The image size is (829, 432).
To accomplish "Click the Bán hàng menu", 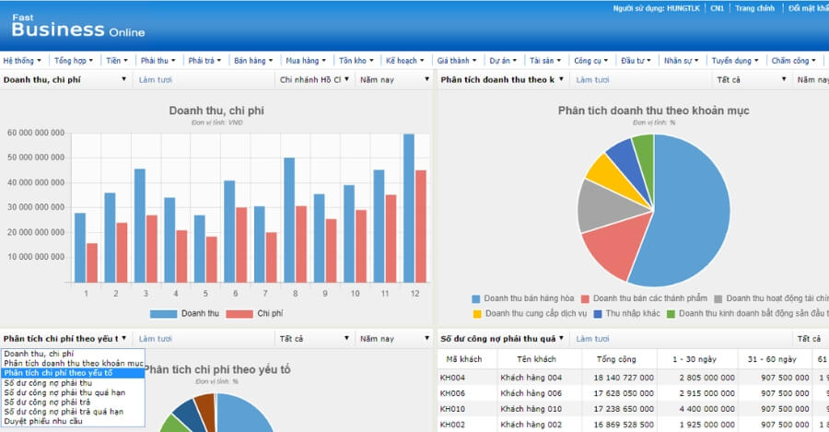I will point(252,61).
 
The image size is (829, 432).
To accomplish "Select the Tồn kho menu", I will point(357,61).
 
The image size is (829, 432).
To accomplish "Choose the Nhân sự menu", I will point(682,61).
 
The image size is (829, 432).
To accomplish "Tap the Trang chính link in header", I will point(754,8).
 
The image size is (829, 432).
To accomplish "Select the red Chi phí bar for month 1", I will point(92,263).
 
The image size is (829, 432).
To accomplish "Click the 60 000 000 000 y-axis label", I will point(36,133).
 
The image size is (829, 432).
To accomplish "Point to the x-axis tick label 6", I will point(235,294).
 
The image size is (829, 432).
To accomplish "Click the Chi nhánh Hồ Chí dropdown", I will point(314,80).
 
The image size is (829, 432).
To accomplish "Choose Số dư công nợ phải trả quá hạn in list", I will point(64,412).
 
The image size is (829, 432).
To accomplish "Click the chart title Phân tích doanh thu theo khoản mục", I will point(653,111).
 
